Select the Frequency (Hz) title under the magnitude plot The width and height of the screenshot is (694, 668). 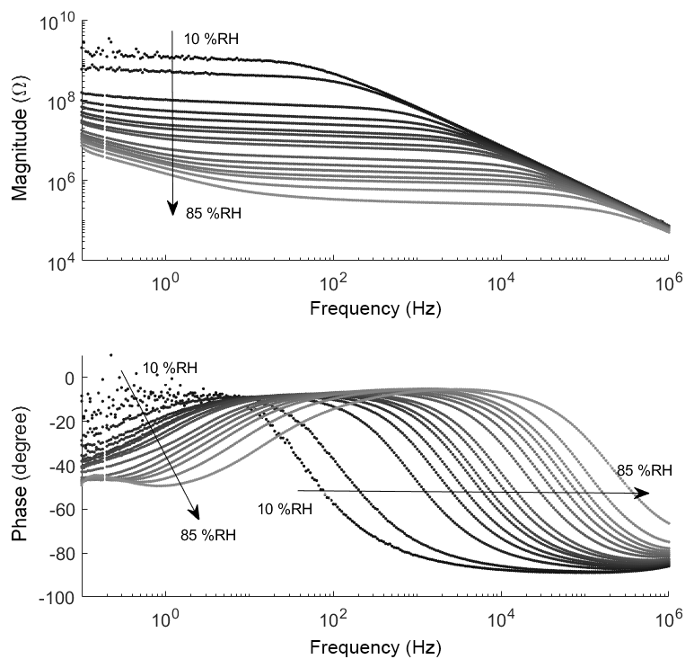click(x=375, y=309)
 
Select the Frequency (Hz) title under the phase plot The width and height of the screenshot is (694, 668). click(x=375, y=648)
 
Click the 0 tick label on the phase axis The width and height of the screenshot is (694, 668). click(x=68, y=378)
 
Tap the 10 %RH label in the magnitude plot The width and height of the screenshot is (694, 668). click(x=212, y=39)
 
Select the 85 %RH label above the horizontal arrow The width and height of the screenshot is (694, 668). click(x=645, y=470)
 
